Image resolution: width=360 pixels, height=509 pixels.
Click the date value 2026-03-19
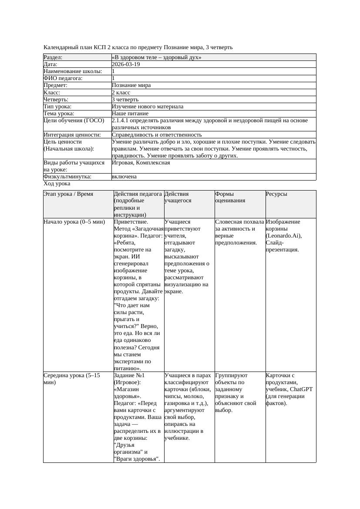tap(126, 64)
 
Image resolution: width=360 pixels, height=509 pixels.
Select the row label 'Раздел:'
tap(53, 57)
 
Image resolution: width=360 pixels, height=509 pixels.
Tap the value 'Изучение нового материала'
tap(147, 107)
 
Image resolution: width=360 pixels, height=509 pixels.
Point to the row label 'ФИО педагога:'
tap(63, 78)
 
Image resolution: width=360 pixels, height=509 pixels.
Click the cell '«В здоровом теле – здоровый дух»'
tap(156, 57)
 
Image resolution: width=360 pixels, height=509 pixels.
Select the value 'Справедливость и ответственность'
tap(157, 135)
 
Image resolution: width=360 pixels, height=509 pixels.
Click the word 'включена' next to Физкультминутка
tap(124, 177)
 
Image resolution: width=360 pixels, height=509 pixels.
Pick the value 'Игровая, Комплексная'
tap(141, 163)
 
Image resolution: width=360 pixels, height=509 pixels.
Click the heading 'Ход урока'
tap(57, 184)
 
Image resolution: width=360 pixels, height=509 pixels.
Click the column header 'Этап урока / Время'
tap(68, 194)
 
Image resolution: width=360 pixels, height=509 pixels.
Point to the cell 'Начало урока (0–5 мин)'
tap(74, 222)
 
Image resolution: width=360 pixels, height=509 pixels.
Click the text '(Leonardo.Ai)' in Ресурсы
tap(283, 236)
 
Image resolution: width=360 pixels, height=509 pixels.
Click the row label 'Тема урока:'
tap(59, 114)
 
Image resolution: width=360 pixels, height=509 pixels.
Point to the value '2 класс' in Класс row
tap(122, 93)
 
